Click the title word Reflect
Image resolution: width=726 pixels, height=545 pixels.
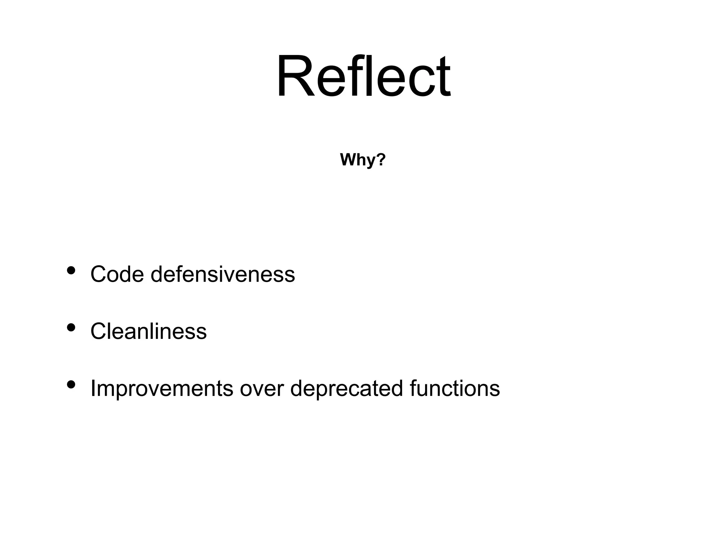363,76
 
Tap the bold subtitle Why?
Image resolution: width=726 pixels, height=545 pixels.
363,160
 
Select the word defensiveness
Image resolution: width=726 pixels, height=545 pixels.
223,274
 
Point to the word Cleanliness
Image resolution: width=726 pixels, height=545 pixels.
149,331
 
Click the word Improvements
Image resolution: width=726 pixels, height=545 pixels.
162,389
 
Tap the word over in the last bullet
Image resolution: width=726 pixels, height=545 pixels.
262,389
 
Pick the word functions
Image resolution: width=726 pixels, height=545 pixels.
454,389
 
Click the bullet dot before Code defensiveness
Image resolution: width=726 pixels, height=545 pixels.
71,271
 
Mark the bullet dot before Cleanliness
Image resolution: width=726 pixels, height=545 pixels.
71,327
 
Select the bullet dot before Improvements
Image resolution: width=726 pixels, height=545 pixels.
71,384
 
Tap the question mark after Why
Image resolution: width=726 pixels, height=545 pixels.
380,160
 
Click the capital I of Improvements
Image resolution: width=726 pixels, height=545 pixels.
93,389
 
